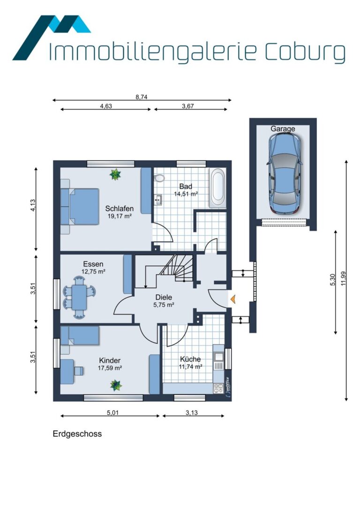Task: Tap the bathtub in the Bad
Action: point(217,188)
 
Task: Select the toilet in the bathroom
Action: point(159,178)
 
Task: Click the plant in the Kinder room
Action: point(116,385)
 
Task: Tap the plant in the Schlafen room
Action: point(115,175)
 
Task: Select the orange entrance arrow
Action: point(232,299)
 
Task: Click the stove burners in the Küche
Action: point(218,388)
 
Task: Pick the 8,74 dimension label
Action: point(142,97)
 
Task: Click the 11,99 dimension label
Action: point(344,279)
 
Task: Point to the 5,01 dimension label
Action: point(113,413)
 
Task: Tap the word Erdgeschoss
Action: point(77,434)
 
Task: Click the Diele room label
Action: point(164,297)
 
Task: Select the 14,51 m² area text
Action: point(186,194)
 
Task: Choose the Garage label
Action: point(283,129)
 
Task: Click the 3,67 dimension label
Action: point(188,106)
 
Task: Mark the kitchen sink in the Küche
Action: point(218,357)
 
